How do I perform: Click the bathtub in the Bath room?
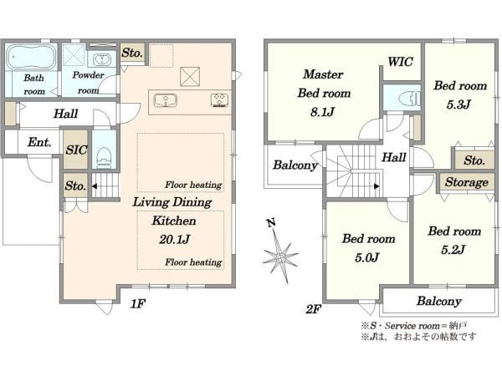click(30, 57)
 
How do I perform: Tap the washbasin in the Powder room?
click(102, 59)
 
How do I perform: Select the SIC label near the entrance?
click(76, 150)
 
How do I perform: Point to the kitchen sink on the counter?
click(166, 100)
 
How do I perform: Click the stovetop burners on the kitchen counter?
click(219, 99)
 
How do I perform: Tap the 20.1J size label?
click(175, 240)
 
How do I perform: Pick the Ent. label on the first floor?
click(39, 142)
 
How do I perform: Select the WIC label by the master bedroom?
click(400, 62)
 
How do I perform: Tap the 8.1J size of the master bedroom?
click(322, 112)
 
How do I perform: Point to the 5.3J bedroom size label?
click(458, 104)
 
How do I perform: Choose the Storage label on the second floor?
click(467, 182)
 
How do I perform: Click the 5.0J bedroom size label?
click(367, 257)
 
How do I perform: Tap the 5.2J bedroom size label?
click(453, 250)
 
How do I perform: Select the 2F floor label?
click(314, 309)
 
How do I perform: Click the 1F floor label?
click(138, 304)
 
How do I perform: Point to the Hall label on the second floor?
click(394, 157)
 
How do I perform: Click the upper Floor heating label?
click(193, 185)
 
